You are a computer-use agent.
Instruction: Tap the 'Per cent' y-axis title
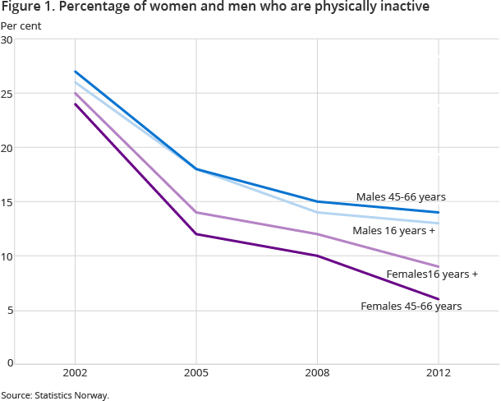(21, 25)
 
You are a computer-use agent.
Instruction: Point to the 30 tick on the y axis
(7, 40)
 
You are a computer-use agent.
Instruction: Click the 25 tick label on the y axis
(7, 94)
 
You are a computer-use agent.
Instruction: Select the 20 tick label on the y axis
(7, 148)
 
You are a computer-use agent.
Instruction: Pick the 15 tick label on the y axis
(7, 202)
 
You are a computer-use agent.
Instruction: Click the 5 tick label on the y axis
(10, 310)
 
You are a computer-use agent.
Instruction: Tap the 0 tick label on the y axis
(10, 363)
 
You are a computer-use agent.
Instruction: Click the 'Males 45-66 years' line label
(401, 197)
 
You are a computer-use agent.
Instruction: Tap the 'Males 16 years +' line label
(393, 231)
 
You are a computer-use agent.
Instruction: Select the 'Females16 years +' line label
(432, 274)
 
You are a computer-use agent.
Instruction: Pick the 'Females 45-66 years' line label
(411, 307)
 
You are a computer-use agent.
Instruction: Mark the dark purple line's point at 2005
(195, 234)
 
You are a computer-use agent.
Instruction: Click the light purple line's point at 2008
(317, 234)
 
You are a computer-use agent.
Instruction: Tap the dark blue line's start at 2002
(75, 71)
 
